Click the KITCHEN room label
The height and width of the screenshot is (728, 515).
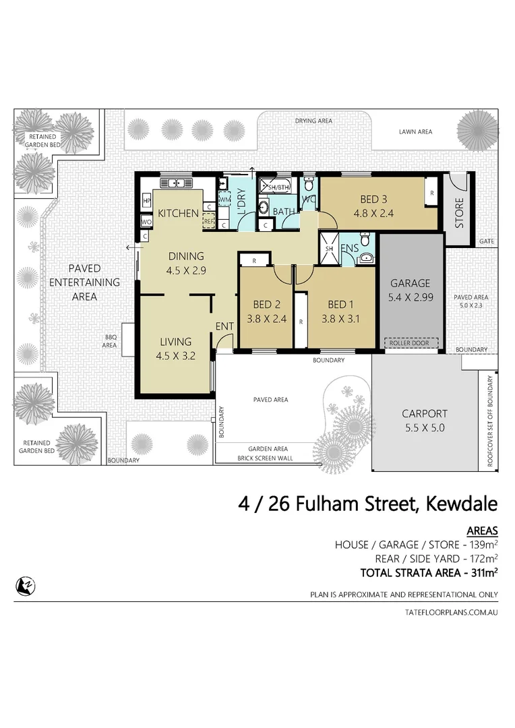tap(178, 214)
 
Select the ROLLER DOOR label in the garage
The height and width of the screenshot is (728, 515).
tap(409, 343)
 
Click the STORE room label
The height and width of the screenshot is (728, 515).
tap(459, 212)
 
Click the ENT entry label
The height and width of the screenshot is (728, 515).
tap(224, 327)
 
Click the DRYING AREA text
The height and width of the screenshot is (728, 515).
tap(313, 121)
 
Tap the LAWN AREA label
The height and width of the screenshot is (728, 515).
tap(415, 132)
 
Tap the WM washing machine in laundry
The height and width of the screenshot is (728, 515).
tap(224, 200)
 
